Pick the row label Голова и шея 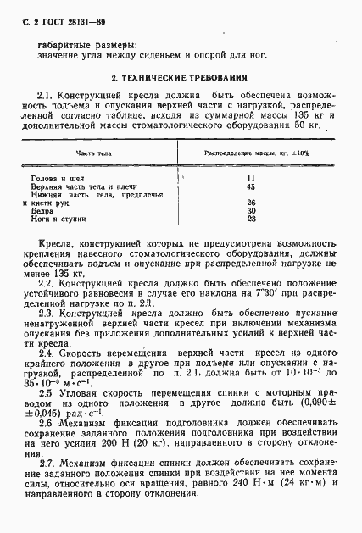(x=55, y=179)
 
